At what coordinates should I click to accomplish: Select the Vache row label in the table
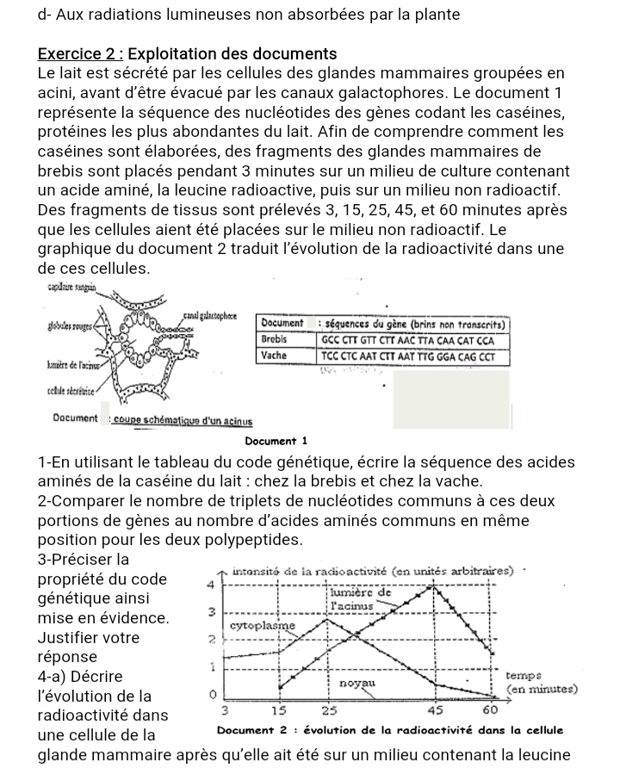pos(274,355)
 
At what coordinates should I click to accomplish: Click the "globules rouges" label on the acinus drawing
pos(65,330)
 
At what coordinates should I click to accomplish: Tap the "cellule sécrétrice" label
pos(68,393)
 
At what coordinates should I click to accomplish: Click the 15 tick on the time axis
pos(279,710)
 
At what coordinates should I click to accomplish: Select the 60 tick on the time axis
pos(490,710)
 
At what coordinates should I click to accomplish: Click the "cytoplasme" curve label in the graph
pos(264,624)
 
